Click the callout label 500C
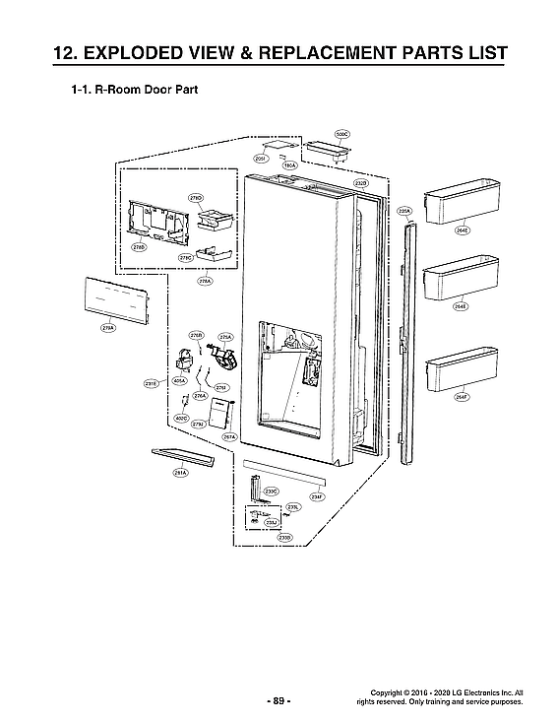click(x=342, y=133)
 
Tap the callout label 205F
click(x=262, y=158)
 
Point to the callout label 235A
click(x=403, y=211)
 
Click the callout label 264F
click(x=463, y=397)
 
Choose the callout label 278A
click(x=205, y=281)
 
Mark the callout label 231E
click(x=152, y=384)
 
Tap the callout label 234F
click(x=317, y=496)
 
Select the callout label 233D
click(x=284, y=537)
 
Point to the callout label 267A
click(x=228, y=436)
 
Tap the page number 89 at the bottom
click(x=278, y=700)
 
